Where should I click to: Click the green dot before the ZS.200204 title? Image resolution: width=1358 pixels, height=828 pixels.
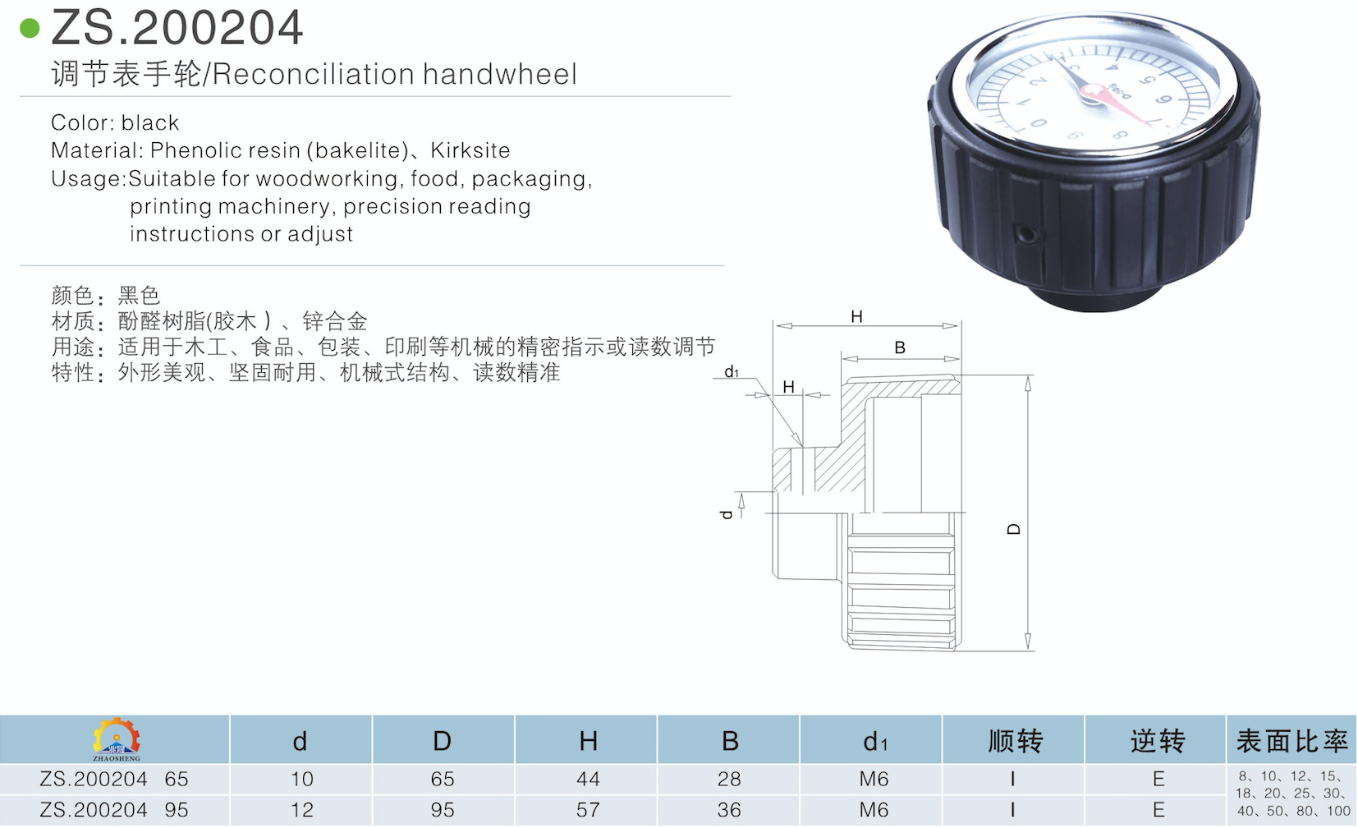(30, 29)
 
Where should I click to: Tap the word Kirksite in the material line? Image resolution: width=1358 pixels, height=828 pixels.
(470, 150)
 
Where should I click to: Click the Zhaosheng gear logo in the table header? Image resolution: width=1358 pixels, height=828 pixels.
(116, 738)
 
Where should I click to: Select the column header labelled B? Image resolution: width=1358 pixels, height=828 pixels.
(730, 741)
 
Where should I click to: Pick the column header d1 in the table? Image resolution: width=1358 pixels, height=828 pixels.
(874, 742)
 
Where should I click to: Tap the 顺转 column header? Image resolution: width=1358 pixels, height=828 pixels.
(1015, 741)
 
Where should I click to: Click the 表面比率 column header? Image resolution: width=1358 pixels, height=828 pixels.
(1291, 741)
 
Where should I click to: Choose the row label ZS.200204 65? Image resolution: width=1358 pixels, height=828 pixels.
(114, 779)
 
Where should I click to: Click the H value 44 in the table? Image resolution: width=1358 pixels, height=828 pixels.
(588, 779)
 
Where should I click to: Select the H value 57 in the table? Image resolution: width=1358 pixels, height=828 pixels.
(588, 810)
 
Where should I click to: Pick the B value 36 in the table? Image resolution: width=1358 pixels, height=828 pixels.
(729, 810)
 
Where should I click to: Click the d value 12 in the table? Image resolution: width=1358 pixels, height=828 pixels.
(301, 810)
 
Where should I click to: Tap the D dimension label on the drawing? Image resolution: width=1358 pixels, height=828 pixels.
(1014, 529)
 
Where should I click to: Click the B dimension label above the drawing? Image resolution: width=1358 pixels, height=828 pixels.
(900, 347)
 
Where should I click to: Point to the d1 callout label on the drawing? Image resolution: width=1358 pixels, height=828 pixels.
(732, 372)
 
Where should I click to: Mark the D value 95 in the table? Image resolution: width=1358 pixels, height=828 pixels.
(443, 810)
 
